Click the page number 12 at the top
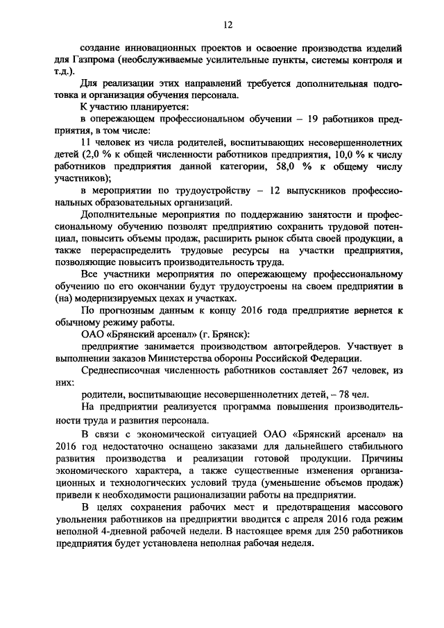click(227, 25)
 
